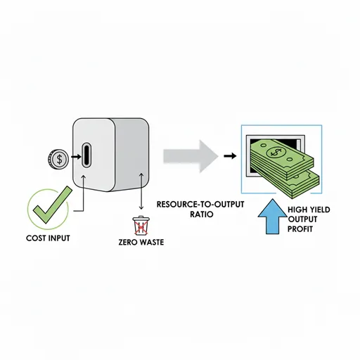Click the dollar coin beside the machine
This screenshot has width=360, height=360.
pyautogui.click(x=58, y=160)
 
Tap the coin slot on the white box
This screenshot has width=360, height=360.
pyautogui.click(x=86, y=155)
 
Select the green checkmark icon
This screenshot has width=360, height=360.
pyautogui.click(x=52, y=205)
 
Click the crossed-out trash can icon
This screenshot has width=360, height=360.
pyautogui.click(x=141, y=226)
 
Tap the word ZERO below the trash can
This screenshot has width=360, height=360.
pyautogui.click(x=127, y=242)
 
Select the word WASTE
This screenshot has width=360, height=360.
pyautogui.click(x=151, y=242)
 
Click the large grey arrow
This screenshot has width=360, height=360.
pyautogui.click(x=191, y=156)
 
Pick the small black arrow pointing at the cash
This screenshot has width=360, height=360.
pyautogui.click(x=230, y=156)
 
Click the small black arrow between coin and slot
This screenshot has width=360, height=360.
pyautogui.click(x=76, y=157)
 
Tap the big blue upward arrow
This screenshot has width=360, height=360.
pyautogui.click(x=272, y=217)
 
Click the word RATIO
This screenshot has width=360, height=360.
pyautogui.click(x=202, y=214)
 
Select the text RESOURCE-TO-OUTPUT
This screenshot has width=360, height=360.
pyautogui.click(x=200, y=205)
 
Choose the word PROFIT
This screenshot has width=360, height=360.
pyautogui.click(x=300, y=229)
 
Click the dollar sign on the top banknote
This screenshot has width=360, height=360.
pyautogui.click(x=276, y=153)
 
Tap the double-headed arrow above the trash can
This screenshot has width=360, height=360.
pyautogui.click(x=141, y=191)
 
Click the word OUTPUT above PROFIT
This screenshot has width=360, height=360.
pyautogui.click(x=302, y=219)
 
